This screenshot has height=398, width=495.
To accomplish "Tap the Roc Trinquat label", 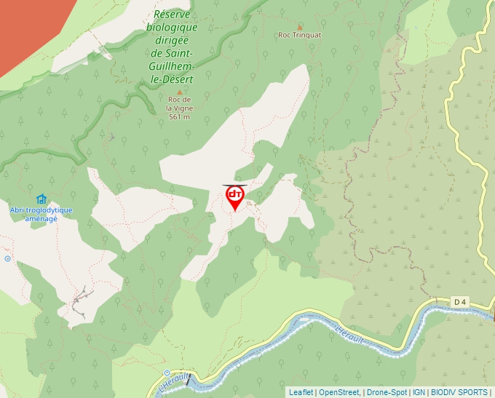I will coord(299,34).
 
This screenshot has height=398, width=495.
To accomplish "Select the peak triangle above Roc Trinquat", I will coord(299,25).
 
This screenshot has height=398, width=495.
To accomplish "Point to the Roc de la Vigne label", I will coord(179,103).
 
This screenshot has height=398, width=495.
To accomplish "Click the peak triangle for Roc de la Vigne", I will coord(180,92).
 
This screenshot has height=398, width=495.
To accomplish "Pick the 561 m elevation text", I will coord(179,116).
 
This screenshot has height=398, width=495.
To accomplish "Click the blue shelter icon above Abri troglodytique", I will coord(41,199).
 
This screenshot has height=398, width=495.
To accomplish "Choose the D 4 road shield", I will coord(459,301).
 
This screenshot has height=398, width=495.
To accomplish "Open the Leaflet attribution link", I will coord(301,392).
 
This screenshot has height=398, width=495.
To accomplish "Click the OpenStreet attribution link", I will coord(339,392).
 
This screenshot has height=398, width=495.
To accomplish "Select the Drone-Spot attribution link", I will coord(387,392).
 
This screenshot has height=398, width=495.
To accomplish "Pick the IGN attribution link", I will coord(419,392).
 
